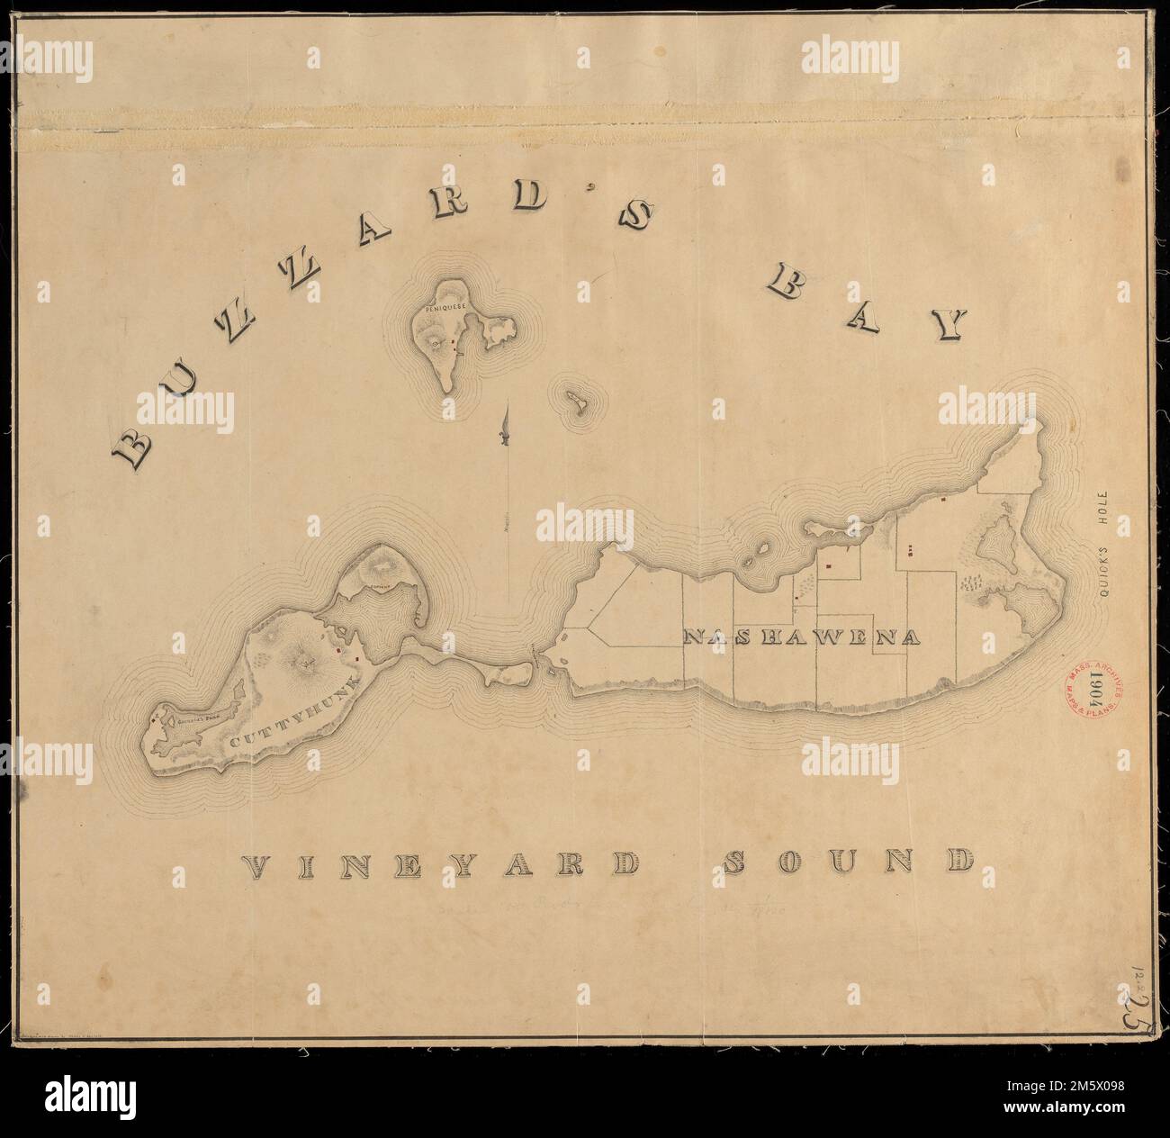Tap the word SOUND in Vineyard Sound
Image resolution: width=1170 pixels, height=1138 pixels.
coord(849,863)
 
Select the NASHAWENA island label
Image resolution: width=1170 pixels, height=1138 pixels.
coord(803,637)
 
